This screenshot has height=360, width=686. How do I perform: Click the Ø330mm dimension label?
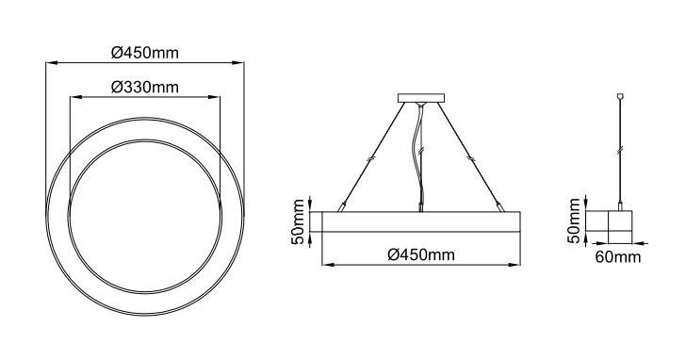[x=145, y=87]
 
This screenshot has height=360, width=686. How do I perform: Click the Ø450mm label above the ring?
[x=145, y=53]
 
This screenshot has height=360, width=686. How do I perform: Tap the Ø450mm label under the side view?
[x=421, y=254]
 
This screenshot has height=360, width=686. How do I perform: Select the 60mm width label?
[x=618, y=256]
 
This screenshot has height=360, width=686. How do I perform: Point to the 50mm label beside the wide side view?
[x=299, y=221]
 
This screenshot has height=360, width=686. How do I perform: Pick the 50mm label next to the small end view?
[x=574, y=220]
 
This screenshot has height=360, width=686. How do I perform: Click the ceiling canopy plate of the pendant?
[x=421, y=98]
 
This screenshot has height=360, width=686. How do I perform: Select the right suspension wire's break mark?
[x=471, y=157]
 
